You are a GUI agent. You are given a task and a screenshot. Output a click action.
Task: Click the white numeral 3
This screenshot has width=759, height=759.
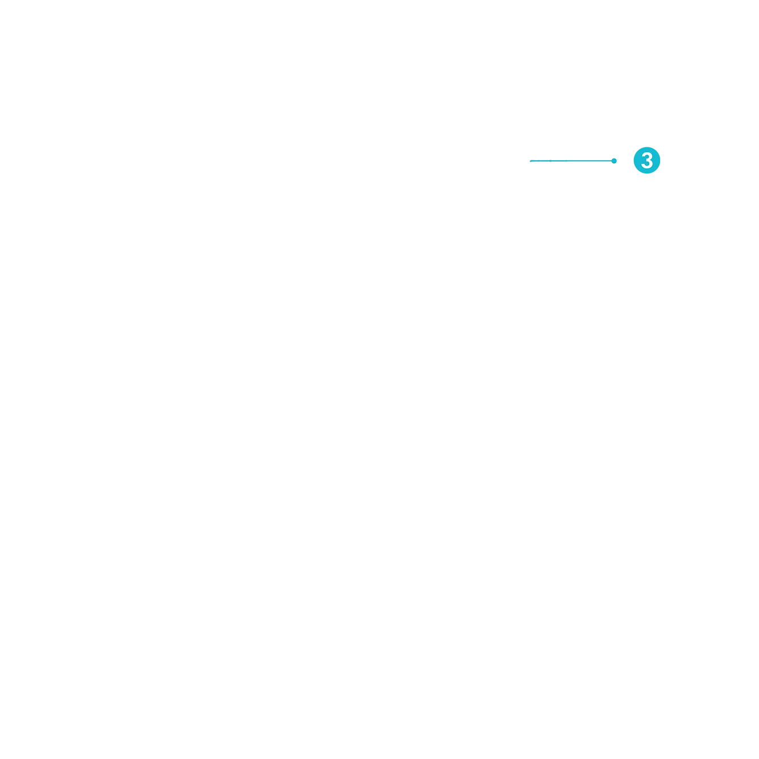(x=647, y=161)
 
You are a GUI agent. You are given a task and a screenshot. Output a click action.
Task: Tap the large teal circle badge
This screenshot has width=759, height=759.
(x=647, y=160)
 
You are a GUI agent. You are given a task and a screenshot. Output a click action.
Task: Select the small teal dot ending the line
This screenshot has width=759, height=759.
(x=614, y=161)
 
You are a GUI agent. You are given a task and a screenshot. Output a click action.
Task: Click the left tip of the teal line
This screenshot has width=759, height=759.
(x=530, y=161)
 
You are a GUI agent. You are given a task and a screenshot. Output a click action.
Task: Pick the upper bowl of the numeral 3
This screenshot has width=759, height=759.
(x=647, y=156)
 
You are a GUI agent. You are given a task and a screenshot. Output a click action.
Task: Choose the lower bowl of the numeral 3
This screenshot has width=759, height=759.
(x=647, y=165)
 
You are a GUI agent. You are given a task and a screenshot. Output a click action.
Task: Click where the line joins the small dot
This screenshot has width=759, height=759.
(x=612, y=161)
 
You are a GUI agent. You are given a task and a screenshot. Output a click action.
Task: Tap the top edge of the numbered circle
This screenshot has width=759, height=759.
(x=647, y=147)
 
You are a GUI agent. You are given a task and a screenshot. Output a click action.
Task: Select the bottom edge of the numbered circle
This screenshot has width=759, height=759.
(x=647, y=173)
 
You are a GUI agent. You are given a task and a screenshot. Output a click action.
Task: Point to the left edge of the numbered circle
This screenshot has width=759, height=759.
(x=634, y=160)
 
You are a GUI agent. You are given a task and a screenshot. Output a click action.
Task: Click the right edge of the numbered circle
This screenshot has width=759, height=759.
(x=660, y=160)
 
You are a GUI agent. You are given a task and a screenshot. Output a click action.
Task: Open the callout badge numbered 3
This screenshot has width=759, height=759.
(x=647, y=160)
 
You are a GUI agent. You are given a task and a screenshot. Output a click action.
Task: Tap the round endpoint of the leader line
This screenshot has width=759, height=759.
(x=614, y=161)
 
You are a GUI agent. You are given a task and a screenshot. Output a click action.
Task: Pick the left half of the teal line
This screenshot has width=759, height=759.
(x=550, y=161)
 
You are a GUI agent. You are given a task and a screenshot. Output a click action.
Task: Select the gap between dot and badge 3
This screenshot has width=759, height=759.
(x=625, y=161)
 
